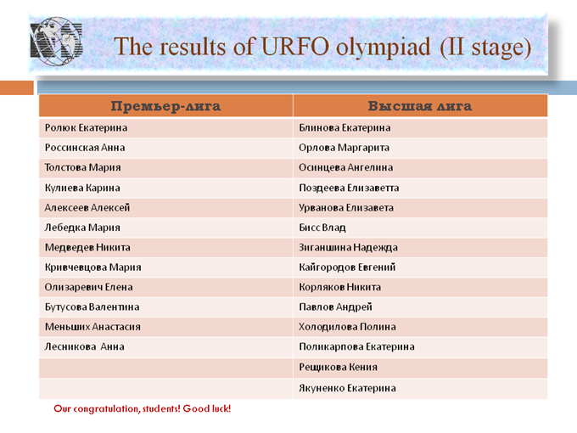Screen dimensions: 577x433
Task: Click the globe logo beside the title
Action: click(x=56, y=41)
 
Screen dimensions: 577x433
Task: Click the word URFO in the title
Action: click(x=295, y=47)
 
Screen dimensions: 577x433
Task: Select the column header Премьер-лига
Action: click(x=165, y=106)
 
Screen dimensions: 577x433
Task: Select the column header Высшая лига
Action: click(x=420, y=106)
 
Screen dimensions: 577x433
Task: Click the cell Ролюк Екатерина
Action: click(x=86, y=127)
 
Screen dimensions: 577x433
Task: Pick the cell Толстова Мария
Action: click(x=83, y=167)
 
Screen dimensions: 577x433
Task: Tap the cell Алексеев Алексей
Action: click(x=87, y=208)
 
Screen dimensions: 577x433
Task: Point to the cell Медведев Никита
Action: click(x=87, y=247)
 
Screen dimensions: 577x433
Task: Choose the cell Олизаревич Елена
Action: click(x=89, y=287)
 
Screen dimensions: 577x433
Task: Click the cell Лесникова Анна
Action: click(x=85, y=347)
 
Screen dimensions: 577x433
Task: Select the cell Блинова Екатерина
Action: click(x=345, y=127)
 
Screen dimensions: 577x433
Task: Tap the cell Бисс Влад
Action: click(x=322, y=228)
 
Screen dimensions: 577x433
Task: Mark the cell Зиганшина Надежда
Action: click(x=348, y=247)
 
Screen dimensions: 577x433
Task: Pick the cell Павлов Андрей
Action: click(x=336, y=307)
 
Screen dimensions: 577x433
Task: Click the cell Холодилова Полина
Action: click(x=347, y=327)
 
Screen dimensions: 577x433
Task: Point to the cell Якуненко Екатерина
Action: click(x=347, y=388)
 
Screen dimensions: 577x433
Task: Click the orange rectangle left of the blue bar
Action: click(x=17, y=87)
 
